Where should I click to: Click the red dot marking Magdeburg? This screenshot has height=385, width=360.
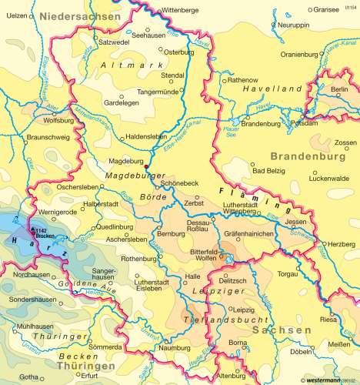[x=146, y=165]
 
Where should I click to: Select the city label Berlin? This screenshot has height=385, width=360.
[x=339, y=90]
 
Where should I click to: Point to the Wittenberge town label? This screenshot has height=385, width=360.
[x=182, y=11]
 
